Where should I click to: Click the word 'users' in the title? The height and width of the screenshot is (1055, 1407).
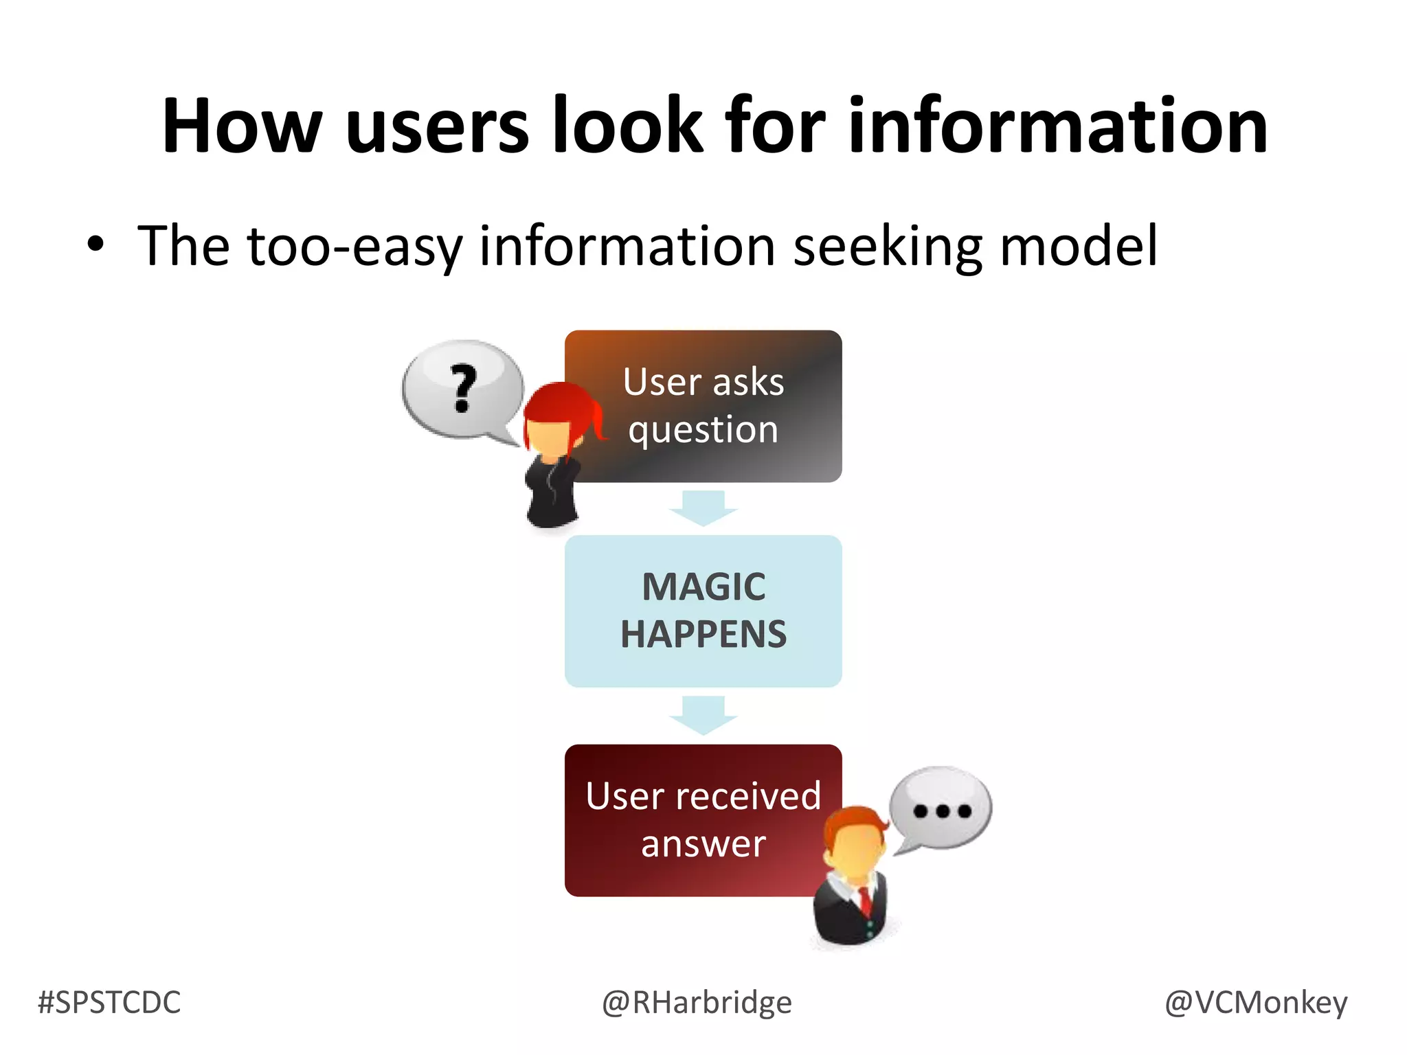pyautogui.click(x=438, y=126)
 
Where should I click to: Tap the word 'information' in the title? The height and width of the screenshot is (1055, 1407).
pyautogui.click(x=1058, y=126)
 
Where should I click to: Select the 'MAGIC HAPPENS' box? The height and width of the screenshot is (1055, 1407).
pyautogui.click(x=703, y=611)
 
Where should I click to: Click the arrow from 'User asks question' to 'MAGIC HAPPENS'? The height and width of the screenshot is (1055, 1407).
pyautogui.click(x=703, y=508)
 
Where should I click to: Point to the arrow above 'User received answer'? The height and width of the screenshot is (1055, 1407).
pyautogui.click(x=703, y=714)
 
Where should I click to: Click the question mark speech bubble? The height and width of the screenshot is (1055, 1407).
pyautogui.click(x=462, y=389)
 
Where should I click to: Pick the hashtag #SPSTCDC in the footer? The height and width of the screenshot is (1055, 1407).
pyautogui.click(x=109, y=1003)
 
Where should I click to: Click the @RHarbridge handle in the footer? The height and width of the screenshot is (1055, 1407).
pyautogui.click(x=697, y=1003)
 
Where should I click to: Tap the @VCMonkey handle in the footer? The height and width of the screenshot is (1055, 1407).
pyautogui.click(x=1256, y=1003)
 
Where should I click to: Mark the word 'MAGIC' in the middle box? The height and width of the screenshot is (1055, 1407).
pyautogui.click(x=703, y=587)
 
